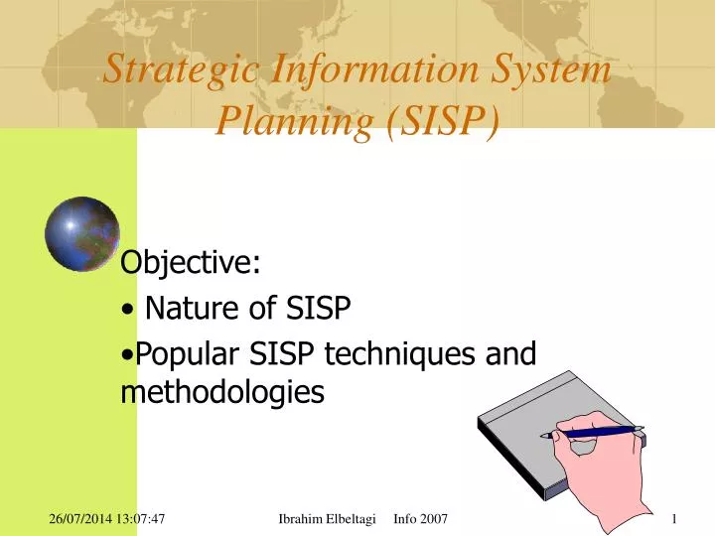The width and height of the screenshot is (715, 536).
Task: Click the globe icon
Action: (81, 234)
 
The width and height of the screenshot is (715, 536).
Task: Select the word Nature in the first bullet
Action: (196, 310)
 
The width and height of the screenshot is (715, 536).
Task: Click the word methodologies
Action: (221, 392)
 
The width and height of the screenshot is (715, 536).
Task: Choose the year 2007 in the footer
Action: (434, 518)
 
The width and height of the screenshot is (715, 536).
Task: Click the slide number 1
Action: (673, 518)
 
